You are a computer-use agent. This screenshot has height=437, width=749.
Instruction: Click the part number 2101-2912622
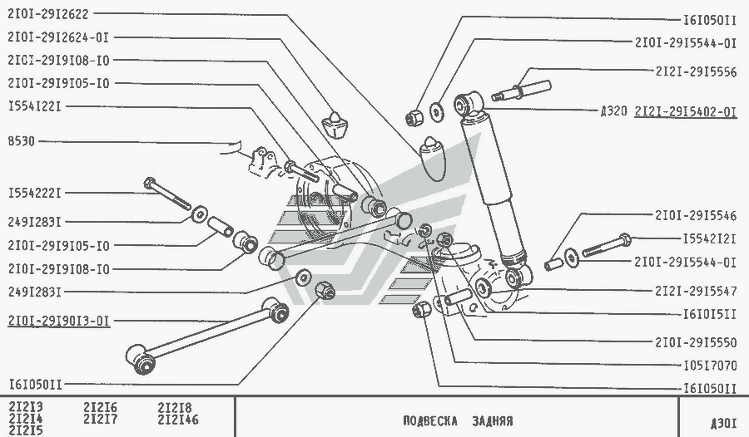(48, 14)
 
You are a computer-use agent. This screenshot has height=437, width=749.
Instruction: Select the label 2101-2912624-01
(58, 37)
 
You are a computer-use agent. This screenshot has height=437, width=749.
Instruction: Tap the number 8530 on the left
(22, 141)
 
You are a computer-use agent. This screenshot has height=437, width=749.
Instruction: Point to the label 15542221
(35, 194)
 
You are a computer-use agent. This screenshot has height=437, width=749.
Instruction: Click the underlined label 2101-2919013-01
(59, 321)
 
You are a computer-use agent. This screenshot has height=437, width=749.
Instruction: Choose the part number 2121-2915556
(696, 71)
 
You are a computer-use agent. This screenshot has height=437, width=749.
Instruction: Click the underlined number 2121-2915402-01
(686, 111)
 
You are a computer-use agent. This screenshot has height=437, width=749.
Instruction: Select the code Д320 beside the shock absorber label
(614, 111)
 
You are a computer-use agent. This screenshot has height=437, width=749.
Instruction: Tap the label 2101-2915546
(696, 216)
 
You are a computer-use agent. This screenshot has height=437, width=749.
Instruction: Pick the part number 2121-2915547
(696, 291)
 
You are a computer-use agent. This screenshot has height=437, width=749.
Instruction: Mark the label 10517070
(711, 366)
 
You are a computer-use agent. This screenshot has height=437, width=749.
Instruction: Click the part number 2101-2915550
(696, 342)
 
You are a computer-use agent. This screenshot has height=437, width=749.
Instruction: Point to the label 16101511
(711, 314)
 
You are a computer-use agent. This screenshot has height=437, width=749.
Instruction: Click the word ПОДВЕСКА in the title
(430, 421)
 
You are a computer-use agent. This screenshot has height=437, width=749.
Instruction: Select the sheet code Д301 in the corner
(723, 423)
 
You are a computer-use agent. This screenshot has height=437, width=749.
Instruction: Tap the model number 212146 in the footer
(178, 420)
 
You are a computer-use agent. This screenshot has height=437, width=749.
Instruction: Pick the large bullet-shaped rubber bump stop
(432, 159)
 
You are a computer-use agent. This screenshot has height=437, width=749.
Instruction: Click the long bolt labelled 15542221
(167, 194)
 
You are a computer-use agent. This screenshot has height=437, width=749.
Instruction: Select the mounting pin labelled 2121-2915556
(521, 91)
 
